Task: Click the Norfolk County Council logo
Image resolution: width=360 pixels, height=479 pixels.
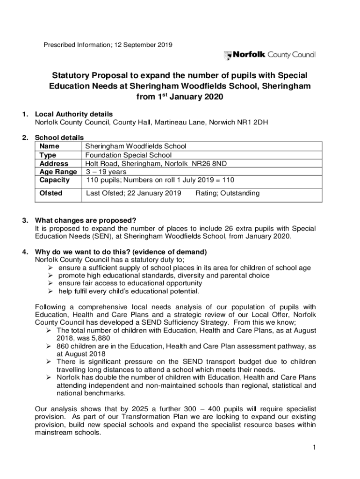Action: pos(270,55)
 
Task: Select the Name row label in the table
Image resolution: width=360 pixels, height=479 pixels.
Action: pos(49,146)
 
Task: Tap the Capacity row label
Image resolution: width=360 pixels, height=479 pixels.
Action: pos(55,180)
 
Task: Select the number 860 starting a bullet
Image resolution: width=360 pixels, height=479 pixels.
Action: pos(63,346)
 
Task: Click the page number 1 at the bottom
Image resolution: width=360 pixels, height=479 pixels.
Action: pos(316,448)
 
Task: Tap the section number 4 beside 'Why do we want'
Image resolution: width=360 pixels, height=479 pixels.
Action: pos(23,252)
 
